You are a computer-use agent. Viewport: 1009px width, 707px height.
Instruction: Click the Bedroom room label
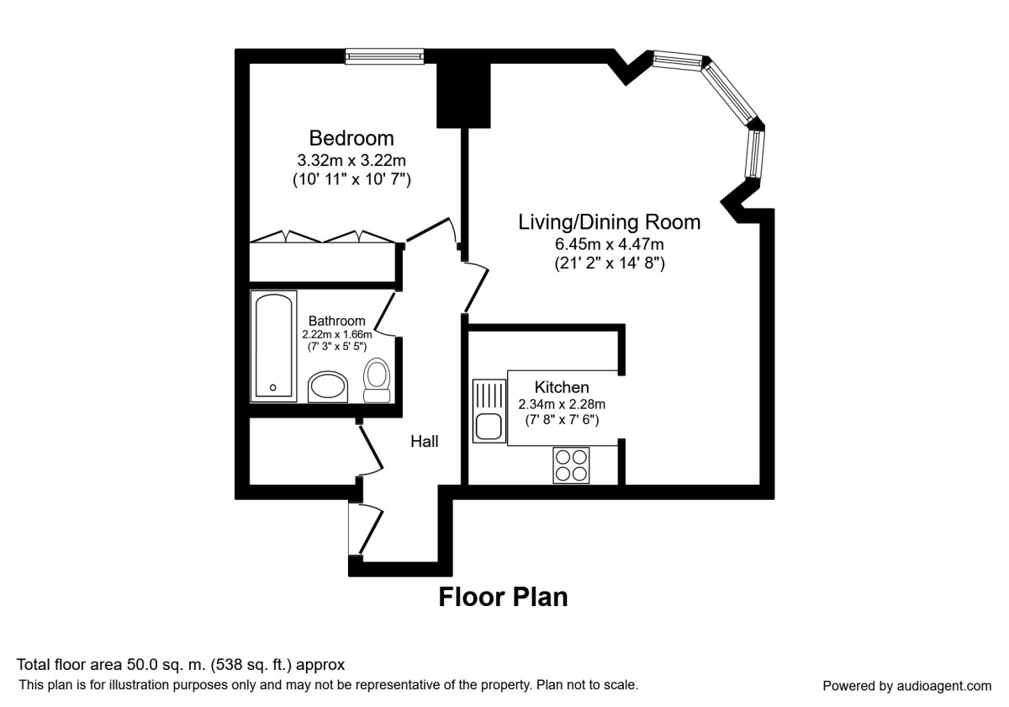(351, 138)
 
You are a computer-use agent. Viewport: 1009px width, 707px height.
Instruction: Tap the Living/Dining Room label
(610, 222)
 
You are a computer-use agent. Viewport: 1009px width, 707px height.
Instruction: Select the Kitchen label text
(562, 387)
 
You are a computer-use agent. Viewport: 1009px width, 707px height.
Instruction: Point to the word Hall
(425, 441)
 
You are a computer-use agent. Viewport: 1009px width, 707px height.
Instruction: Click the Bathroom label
(337, 321)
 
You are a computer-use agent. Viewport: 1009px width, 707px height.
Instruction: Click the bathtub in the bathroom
(273, 346)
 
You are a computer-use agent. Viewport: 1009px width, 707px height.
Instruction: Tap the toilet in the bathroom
(377, 380)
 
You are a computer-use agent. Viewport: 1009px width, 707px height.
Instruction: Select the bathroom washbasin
(328, 387)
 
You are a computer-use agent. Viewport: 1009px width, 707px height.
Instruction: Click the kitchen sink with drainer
(489, 411)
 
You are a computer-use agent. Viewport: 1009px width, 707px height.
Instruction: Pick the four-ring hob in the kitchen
(571, 465)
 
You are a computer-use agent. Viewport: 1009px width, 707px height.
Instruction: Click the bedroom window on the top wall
(385, 56)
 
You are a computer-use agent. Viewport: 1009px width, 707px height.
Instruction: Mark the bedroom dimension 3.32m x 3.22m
(351, 160)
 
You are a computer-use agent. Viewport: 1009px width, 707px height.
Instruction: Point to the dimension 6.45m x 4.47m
(610, 244)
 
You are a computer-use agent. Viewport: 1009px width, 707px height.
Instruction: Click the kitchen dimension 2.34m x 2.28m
(562, 405)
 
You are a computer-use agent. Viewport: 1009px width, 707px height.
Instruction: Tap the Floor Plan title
(503, 597)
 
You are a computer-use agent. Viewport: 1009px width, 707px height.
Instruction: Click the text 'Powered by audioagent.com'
(906, 686)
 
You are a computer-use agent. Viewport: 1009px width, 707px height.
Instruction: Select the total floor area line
(181, 665)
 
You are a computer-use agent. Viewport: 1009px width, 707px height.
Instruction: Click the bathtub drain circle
(273, 388)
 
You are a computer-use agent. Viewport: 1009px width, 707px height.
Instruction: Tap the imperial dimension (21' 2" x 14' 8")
(610, 263)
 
